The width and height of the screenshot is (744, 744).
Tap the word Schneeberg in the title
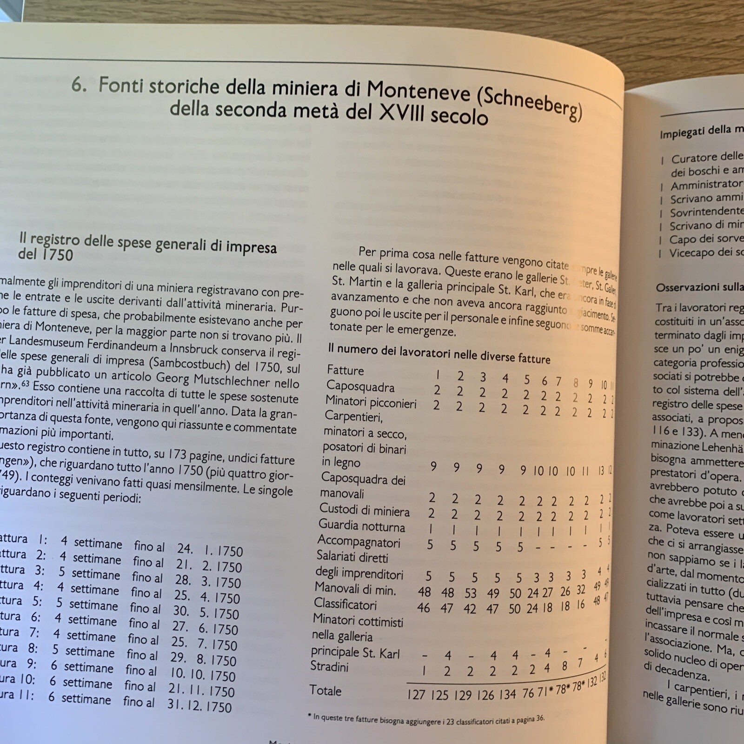pos(530,104)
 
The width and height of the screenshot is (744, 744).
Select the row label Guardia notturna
pos(361,526)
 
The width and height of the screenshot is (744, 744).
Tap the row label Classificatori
pos(345,604)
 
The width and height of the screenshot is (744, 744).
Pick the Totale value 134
pos(507,694)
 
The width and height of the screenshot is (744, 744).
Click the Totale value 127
pos(416,694)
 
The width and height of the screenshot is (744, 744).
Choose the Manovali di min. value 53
pos(470,593)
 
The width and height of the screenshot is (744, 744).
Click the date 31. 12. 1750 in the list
pos(199,706)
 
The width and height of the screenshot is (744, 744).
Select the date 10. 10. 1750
pos(203,675)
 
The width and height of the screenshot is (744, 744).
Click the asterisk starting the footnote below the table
pos(310,717)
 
